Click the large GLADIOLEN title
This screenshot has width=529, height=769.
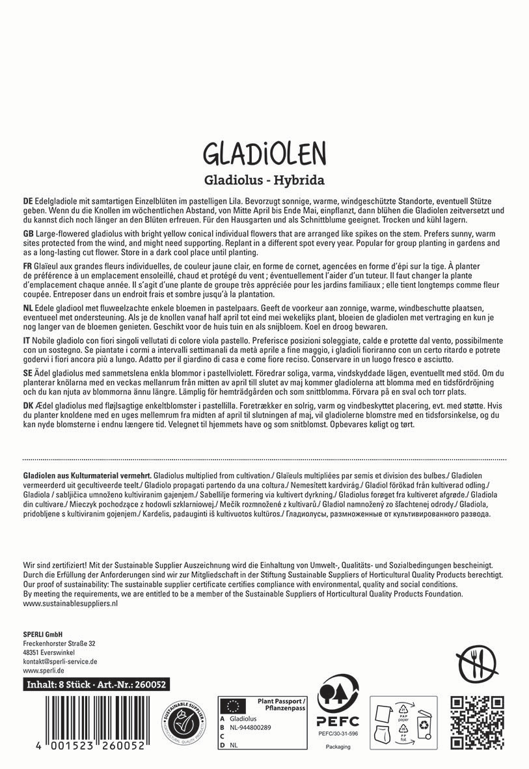264,154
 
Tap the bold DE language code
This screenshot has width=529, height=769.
27,203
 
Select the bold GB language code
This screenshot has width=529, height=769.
27,233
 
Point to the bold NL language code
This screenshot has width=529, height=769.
27,307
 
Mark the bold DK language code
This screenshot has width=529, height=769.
27,406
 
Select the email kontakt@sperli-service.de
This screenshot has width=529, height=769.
60,661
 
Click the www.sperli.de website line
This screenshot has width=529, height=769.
43,670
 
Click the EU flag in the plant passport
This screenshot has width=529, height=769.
233,705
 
